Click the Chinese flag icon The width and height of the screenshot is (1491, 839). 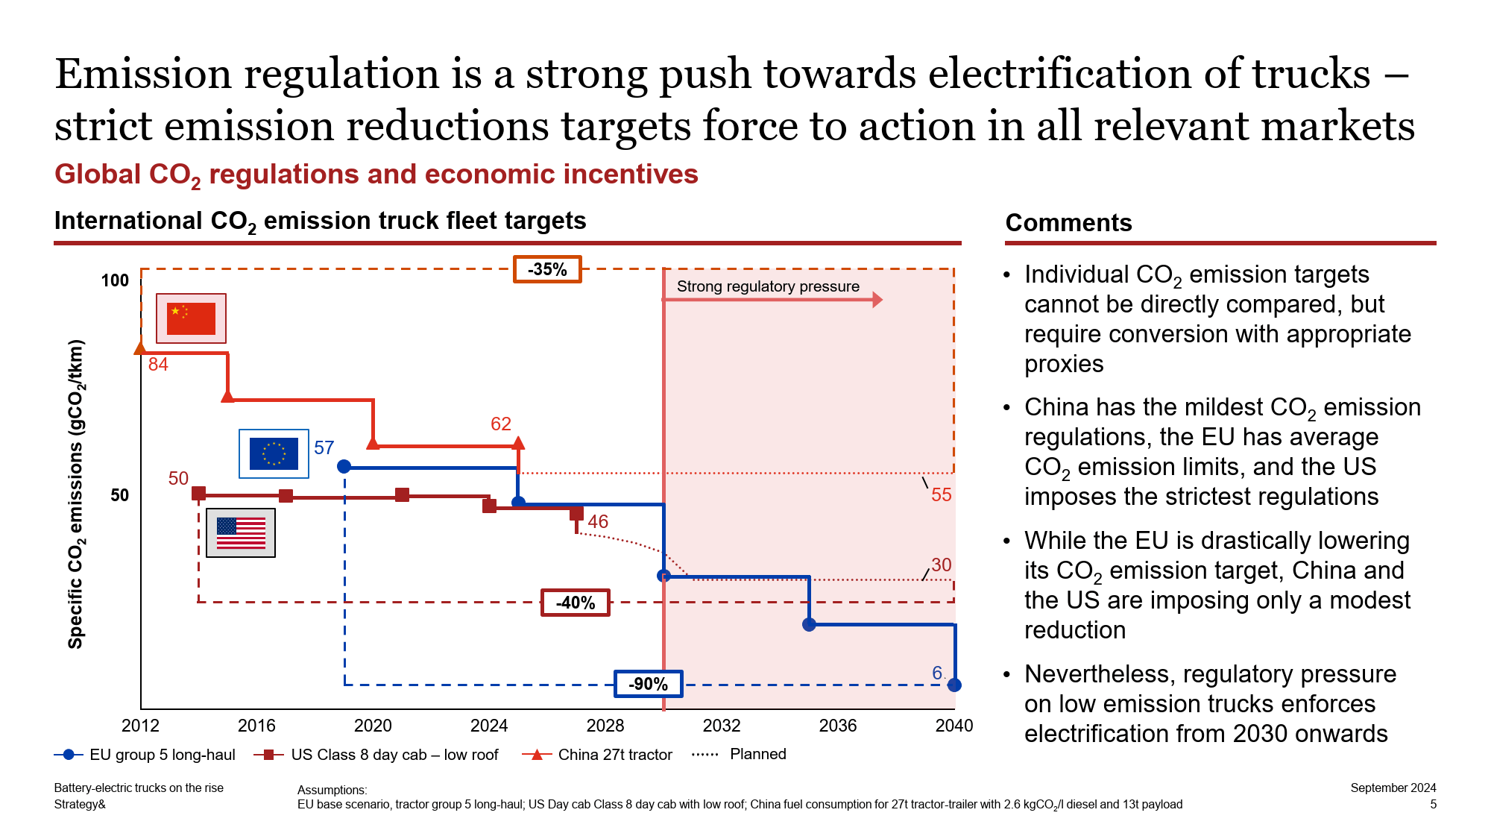[x=191, y=318]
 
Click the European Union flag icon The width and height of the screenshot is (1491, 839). [x=274, y=453]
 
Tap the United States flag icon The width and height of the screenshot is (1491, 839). [x=241, y=532]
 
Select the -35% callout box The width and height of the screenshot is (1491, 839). [x=547, y=269]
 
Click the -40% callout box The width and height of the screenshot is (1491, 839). [x=576, y=603]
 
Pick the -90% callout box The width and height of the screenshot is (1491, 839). [x=648, y=684]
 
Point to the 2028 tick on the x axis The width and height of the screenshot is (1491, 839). [x=605, y=726]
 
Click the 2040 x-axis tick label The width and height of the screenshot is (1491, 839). [x=953, y=726]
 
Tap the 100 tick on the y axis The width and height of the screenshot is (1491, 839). [x=115, y=280]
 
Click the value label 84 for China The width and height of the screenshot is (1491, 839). [x=158, y=365]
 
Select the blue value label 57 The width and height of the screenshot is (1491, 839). [x=324, y=447]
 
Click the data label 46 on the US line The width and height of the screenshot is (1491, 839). [x=598, y=521]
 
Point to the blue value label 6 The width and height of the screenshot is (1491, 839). [x=937, y=673]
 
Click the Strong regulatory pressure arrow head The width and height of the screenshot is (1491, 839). [x=877, y=300]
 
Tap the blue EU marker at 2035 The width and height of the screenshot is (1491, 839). [x=809, y=624]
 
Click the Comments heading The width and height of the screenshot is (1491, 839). [x=1068, y=223]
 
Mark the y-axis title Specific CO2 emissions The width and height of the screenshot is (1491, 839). [x=76, y=494]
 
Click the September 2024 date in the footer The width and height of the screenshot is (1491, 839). [x=1393, y=788]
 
